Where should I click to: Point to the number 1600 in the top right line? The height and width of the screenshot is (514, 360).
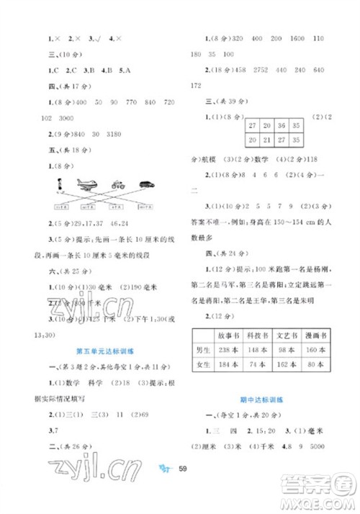click(299, 38)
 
